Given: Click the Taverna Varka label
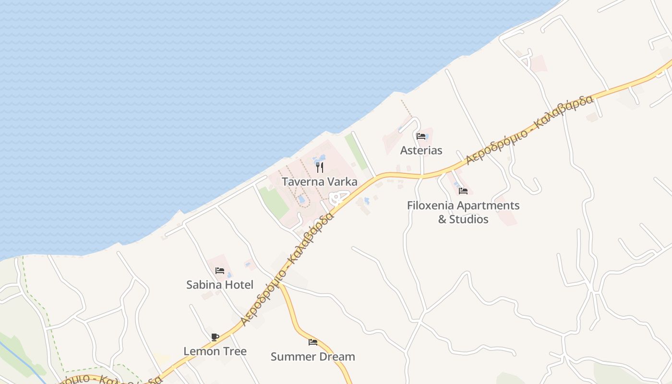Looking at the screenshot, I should [319, 182].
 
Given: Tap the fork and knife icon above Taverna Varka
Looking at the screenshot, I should [320, 168].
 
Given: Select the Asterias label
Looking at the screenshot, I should [421, 150].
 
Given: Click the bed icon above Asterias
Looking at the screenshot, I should [421, 136].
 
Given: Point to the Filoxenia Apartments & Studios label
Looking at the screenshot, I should [463, 212].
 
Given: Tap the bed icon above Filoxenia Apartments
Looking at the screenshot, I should [463, 191].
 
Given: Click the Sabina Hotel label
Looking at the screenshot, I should [219, 285].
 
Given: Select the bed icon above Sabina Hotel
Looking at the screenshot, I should [219, 271].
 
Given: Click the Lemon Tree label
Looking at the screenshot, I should [215, 351].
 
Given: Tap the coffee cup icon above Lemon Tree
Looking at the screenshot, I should [215, 337].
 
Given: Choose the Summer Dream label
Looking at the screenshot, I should [312, 357].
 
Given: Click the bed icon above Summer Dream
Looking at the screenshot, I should [312, 342].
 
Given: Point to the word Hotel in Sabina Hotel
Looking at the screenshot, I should [238, 285].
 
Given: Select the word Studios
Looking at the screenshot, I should [469, 219].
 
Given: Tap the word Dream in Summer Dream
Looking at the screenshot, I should [338, 357].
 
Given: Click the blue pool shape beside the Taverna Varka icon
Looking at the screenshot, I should [320, 158].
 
